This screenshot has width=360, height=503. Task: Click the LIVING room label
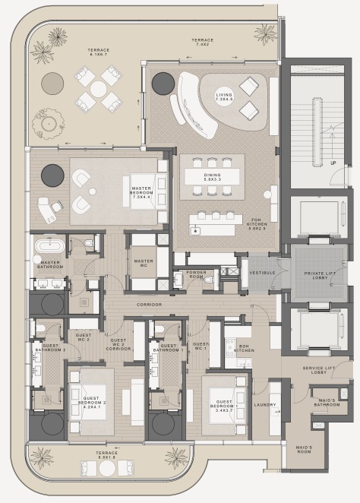224,96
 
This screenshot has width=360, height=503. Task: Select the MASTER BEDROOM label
142,192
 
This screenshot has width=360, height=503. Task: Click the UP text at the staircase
333,163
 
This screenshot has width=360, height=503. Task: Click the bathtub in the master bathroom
49,246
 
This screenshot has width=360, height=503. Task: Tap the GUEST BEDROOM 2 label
94,404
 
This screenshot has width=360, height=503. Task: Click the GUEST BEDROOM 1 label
226,403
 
